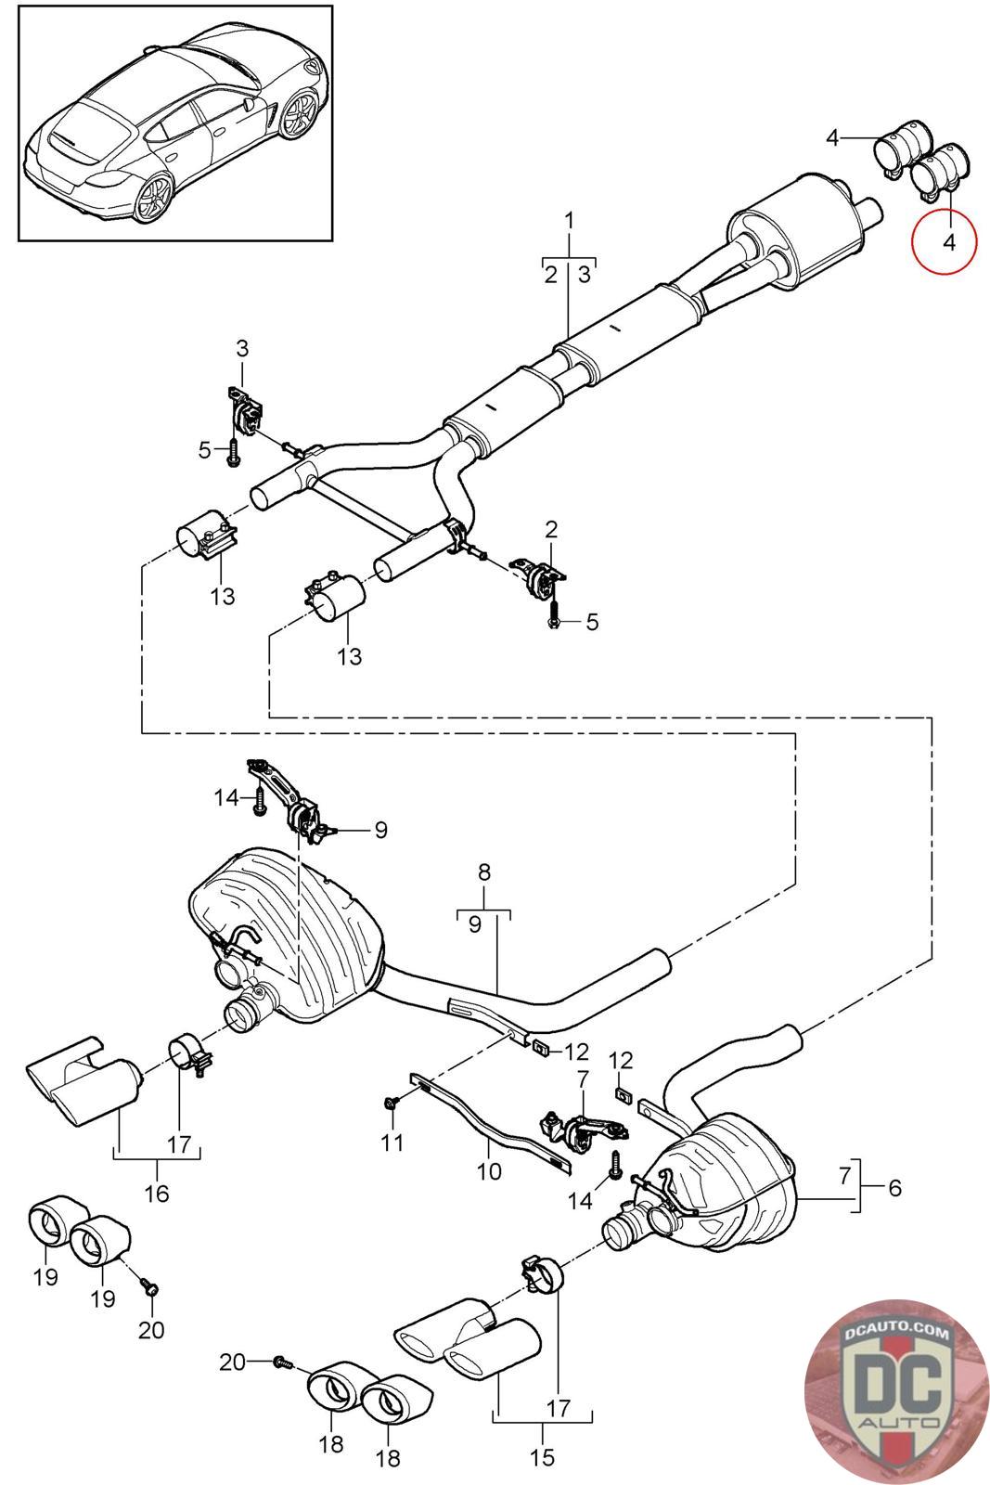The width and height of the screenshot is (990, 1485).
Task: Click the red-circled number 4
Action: pos(947,242)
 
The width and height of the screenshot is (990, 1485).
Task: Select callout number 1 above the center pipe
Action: pos(569,221)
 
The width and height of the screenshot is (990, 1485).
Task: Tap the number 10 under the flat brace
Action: pos(488,1170)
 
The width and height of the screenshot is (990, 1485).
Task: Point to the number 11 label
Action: pos(392,1141)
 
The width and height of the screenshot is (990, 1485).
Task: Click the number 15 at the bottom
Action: pos(542,1456)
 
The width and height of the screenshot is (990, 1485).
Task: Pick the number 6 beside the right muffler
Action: pos(894,1187)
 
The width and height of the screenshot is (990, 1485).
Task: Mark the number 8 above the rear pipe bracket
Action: pos(484,872)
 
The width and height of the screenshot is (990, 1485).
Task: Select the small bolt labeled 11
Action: pos(391,1102)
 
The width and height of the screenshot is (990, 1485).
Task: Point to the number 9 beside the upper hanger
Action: pos(380,830)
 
